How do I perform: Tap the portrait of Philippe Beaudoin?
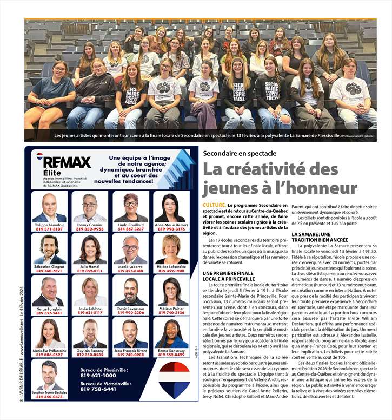pos(49,208)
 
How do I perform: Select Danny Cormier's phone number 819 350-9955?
pos(90,229)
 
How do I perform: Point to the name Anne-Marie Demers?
pos(170,225)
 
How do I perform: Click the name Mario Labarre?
pos(130,266)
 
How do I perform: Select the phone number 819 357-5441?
pos(49,313)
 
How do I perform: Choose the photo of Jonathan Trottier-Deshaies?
pos(49,376)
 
